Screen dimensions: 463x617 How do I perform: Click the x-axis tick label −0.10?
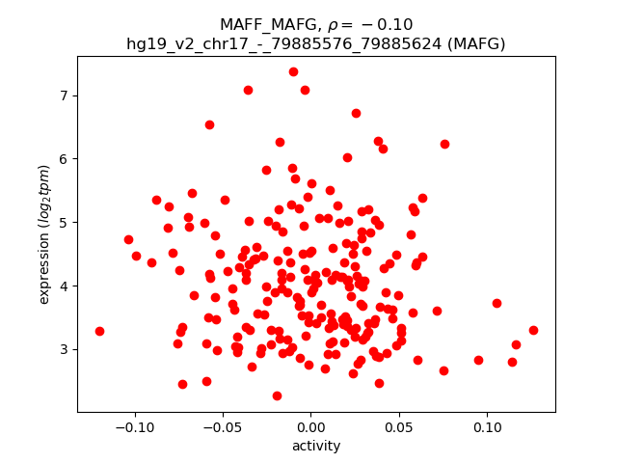[134, 426]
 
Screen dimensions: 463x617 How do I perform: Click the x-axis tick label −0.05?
[223, 426]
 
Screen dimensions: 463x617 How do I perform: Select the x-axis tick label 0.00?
[311, 426]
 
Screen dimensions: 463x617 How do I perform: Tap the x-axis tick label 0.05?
[399, 426]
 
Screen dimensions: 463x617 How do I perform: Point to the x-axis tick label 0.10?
[488, 426]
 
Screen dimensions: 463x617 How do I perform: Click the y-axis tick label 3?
[65, 349]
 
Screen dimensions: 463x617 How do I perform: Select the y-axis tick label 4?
[65, 286]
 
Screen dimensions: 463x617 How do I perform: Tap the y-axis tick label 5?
[65, 222]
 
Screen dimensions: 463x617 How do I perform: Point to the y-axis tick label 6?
[65, 159]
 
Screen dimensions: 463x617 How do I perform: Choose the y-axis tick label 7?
[65, 95]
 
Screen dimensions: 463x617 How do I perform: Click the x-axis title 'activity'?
[316, 446]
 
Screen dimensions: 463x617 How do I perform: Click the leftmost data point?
[99, 331]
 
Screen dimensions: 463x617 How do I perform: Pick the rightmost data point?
[533, 330]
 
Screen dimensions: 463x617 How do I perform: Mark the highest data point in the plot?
[293, 71]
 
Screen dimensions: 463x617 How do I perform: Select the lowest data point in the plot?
[277, 395]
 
